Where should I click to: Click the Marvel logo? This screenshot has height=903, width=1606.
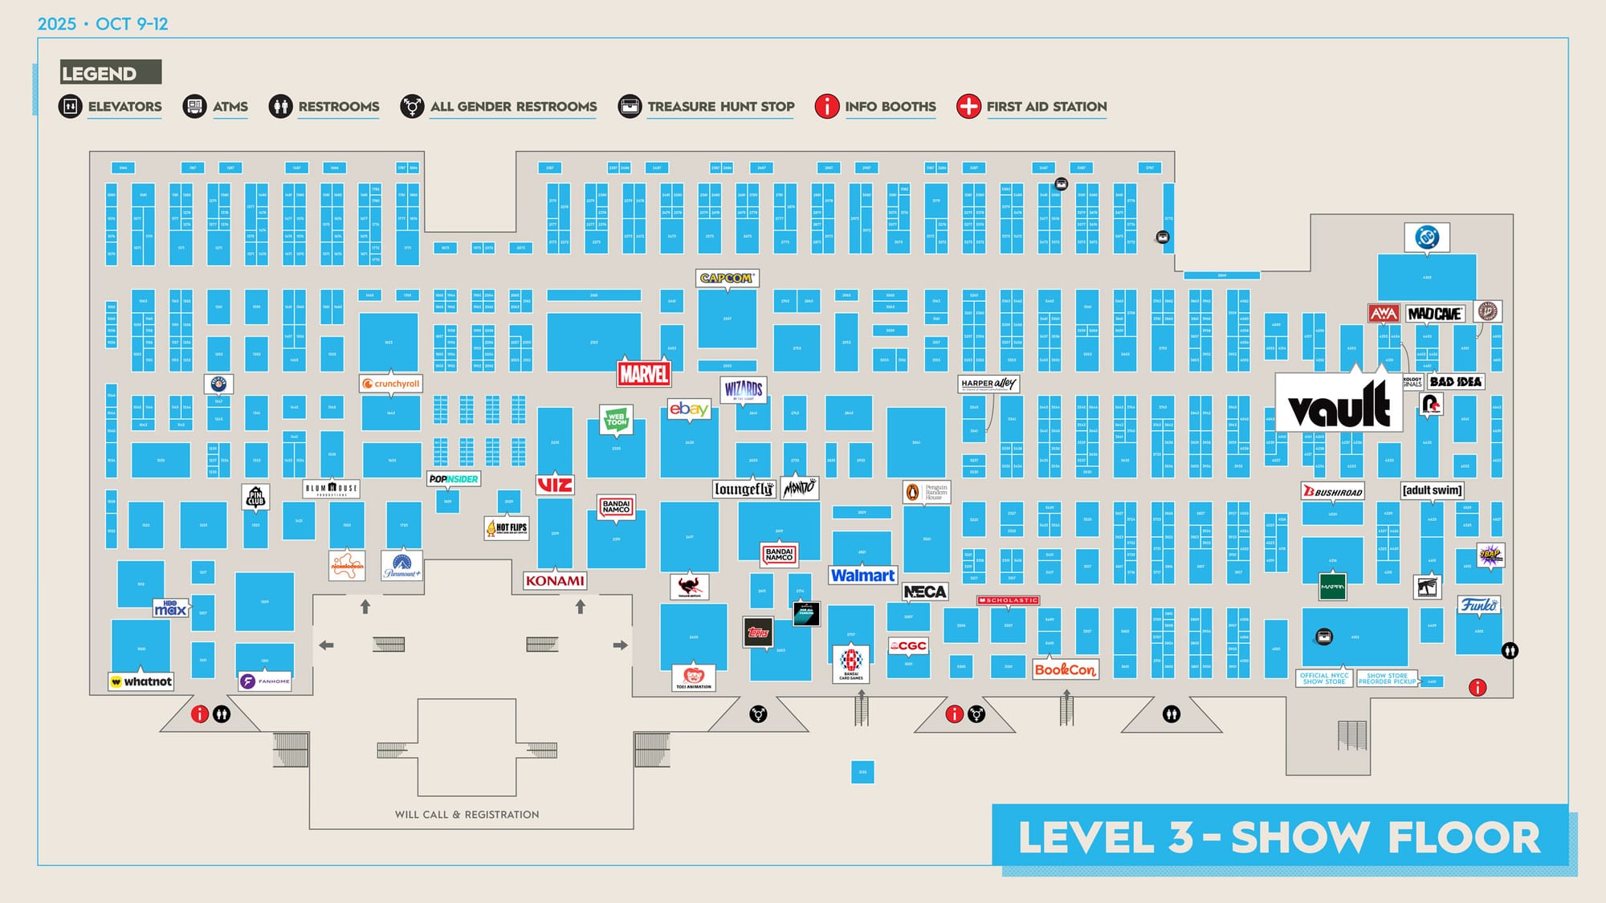point(643,374)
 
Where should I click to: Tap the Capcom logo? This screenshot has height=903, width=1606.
point(727,279)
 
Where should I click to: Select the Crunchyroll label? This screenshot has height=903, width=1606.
point(391,384)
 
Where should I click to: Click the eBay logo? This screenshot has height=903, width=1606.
point(689,409)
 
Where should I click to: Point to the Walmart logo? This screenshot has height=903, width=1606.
point(862,576)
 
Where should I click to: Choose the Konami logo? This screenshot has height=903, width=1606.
point(555,581)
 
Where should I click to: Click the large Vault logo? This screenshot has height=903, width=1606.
point(1339,404)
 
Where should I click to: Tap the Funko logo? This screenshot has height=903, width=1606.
point(1478,605)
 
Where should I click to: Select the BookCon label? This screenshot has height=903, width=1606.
point(1065,669)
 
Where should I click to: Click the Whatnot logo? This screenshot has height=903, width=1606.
point(141,681)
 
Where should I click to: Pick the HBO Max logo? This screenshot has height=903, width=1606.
point(170,608)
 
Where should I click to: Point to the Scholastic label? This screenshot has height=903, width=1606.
point(1009,600)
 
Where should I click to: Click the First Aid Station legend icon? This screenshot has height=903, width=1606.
point(968,106)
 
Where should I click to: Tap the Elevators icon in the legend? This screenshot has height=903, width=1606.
point(71,106)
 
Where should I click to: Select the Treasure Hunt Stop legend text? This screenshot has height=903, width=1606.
point(720,107)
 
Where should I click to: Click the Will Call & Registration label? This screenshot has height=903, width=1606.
point(467,815)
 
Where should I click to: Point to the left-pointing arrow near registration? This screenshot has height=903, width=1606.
point(326,645)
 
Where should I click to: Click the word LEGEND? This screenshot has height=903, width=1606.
point(99,74)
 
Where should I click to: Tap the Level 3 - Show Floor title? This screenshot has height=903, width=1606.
point(1279,837)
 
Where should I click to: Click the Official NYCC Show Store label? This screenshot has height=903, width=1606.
point(1323,678)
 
